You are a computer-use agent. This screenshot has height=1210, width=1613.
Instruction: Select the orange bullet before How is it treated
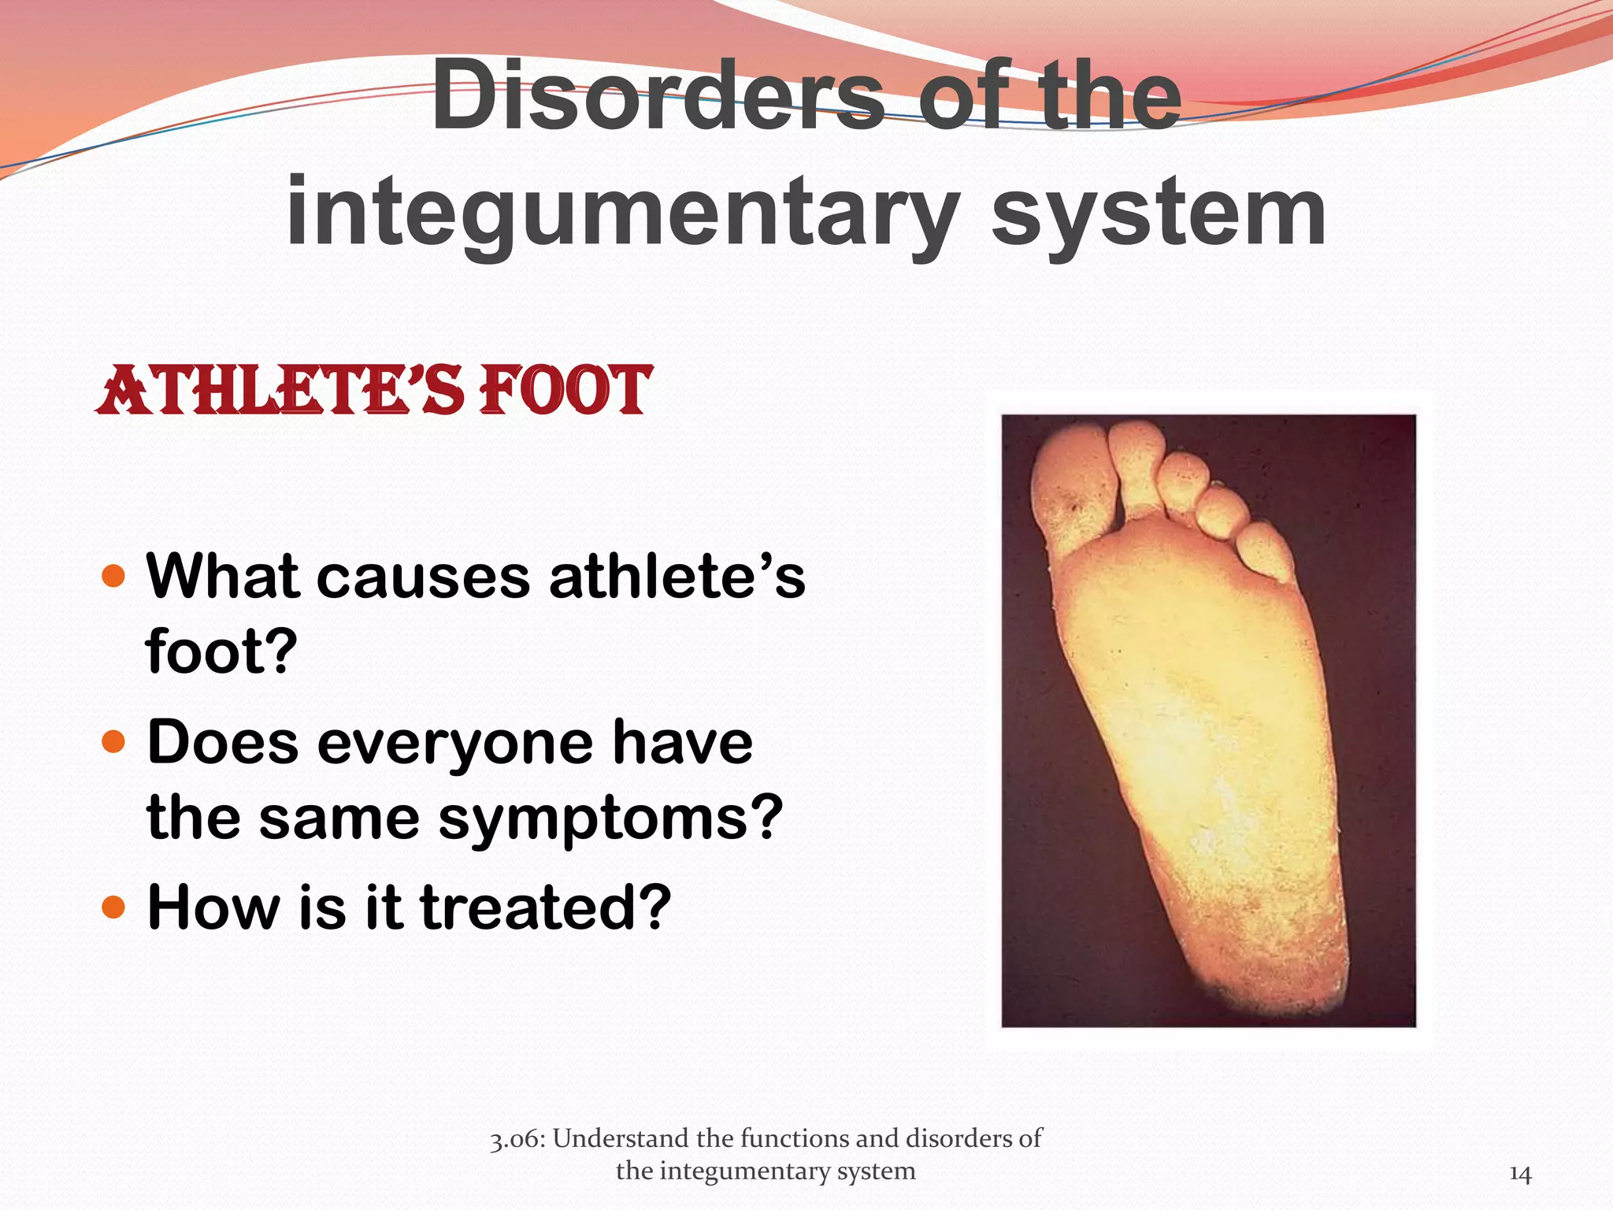pyautogui.click(x=114, y=907)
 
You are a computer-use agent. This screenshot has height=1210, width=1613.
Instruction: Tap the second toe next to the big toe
pyautogui.click(x=1138, y=465)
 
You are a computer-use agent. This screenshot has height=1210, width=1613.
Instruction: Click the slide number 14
pyautogui.click(x=1519, y=1175)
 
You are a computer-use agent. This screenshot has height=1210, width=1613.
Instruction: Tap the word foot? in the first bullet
pyautogui.click(x=221, y=651)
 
